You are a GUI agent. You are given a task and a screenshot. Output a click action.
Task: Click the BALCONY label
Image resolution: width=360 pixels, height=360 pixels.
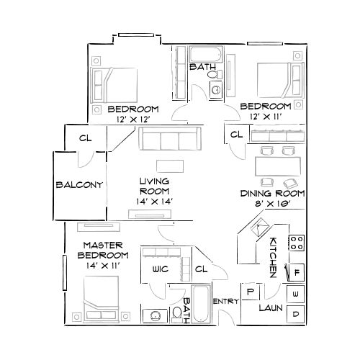click(x=79, y=184)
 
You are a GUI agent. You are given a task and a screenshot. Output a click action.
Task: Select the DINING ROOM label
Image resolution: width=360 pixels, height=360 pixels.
click(x=273, y=194)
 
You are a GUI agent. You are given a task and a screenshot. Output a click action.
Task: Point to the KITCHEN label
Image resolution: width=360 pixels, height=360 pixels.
click(x=274, y=257)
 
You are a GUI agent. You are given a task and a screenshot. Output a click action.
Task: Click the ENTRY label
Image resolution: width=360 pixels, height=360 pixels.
click(x=226, y=301)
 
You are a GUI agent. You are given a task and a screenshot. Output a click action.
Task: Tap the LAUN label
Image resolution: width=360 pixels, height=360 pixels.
click(x=271, y=308)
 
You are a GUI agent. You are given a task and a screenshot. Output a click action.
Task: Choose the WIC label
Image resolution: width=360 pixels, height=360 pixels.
click(x=160, y=269)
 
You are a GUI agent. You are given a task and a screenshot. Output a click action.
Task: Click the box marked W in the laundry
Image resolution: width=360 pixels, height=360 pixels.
click(x=296, y=294)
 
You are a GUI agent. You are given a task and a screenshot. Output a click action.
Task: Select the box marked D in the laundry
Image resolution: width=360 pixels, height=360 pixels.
click(x=296, y=315)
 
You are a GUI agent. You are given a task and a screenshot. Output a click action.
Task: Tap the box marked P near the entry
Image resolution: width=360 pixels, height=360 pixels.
click(x=251, y=292)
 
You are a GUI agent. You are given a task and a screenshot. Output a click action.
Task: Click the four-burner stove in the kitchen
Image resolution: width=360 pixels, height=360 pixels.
click(x=296, y=243)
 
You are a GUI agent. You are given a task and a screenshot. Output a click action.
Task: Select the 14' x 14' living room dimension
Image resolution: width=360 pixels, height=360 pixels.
click(x=154, y=202)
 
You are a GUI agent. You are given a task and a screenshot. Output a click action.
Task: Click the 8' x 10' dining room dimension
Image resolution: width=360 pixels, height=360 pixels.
click(x=273, y=204)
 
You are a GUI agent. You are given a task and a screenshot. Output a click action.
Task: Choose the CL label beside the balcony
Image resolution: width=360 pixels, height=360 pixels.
click(x=84, y=138)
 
